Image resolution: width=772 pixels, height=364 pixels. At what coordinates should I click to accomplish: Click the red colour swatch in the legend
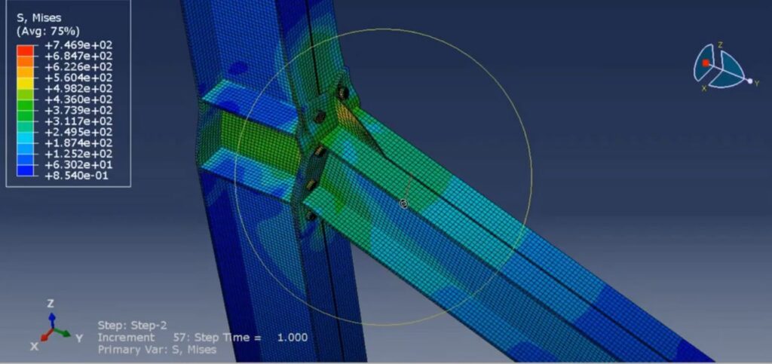pyautogui.click(x=25, y=46)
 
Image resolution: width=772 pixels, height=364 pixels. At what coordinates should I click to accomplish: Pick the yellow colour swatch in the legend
pyautogui.click(x=25, y=78)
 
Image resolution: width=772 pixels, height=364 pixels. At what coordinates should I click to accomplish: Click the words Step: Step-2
pyautogui.click(x=127, y=326)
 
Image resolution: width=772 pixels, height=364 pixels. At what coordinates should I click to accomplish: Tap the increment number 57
pyautogui.click(x=179, y=338)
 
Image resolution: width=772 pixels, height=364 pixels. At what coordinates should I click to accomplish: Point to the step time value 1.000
pyautogui.click(x=293, y=338)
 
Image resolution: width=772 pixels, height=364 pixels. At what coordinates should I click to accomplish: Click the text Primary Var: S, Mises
pyautogui.click(x=157, y=350)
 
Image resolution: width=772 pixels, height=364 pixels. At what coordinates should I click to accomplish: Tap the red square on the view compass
pyautogui.click(x=706, y=63)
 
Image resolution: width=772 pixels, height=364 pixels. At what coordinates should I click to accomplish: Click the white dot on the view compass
pyautogui.click(x=749, y=81)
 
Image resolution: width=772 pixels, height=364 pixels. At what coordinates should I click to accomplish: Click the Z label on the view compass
pyautogui.click(x=720, y=45)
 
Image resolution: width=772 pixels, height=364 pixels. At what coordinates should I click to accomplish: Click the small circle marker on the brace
pyautogui.click(x=404, y=203)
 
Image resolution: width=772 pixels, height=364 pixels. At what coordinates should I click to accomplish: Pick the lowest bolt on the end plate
pyautogui.click(x=309, y=216)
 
